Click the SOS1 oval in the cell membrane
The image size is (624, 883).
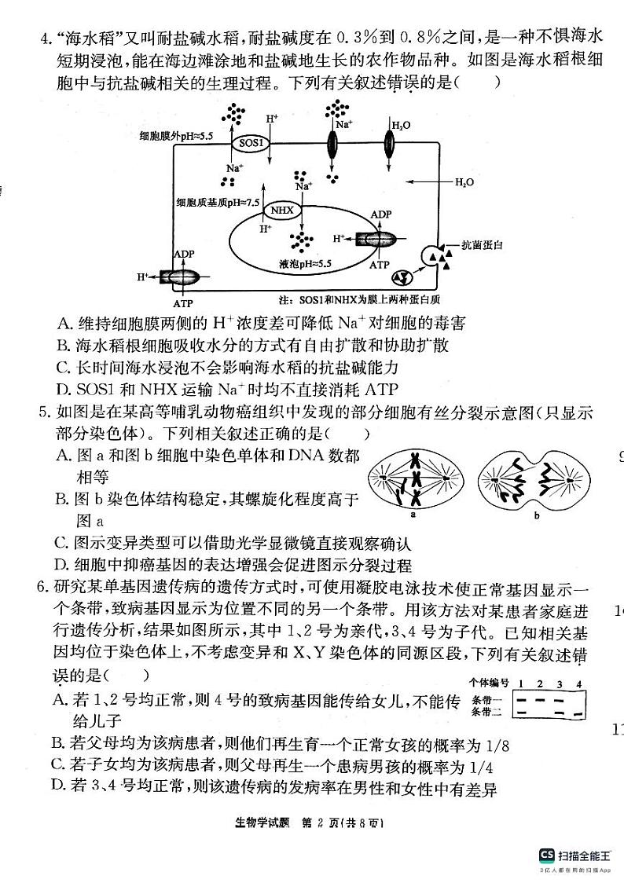click(x=249, y=144)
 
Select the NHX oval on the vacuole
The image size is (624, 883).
click(x=281, y=211)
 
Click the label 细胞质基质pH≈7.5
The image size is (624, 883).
click(x=218, y=203)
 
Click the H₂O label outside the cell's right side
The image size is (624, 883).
click(x=464, y=182)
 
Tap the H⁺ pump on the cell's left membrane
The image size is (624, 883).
click(x=180, y=277)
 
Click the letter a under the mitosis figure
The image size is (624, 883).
click(x=413, y=515)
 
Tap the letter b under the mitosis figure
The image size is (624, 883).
click(x=537, y=515)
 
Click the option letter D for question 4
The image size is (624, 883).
click(x=63, y=388)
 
